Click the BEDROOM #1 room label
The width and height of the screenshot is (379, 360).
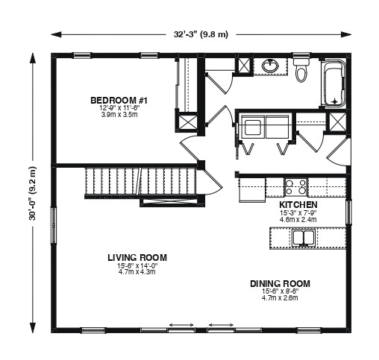pos(119,101)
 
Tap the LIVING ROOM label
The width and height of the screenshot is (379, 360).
pos(137,258)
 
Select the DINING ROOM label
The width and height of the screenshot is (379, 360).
pos(280,284)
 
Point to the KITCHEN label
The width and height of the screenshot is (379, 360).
pos(298,205)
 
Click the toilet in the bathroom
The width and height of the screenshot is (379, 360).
pos(301,70)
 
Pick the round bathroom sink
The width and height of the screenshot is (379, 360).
pos(269,66)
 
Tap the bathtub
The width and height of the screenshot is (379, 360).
pos(333,83)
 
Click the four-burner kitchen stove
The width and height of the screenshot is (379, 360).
pos(295,187)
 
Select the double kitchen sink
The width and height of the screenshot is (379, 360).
pos(304,237)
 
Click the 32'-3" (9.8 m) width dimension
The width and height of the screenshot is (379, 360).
pos(201,34)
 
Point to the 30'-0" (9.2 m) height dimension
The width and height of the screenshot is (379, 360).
pos(33,193)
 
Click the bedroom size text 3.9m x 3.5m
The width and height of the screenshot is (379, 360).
pos(119,115)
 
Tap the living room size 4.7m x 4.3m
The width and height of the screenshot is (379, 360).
pos(137,272)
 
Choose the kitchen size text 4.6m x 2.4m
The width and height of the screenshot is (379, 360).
pos(298,219)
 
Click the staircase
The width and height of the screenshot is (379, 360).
pos(141,181)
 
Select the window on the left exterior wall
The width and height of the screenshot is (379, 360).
pos(54,226)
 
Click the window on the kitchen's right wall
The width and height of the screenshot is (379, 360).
pos(348,212)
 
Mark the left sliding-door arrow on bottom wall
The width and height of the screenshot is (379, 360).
pos(181,325)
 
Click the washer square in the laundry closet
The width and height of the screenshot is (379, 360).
pos(252,127)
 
